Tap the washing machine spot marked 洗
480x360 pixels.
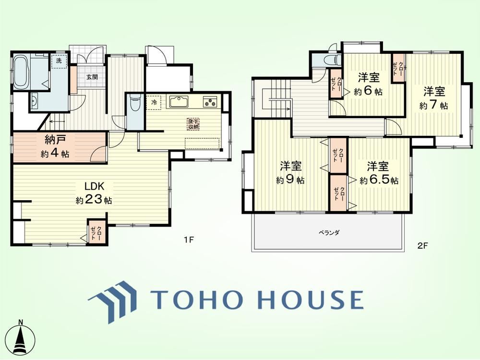(x=59, y=60)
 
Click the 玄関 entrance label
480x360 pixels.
(x=92, y=77)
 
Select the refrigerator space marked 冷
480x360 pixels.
(x=154, y=102)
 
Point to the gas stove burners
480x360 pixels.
(x=211, y=102)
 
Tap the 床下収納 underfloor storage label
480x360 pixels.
(x=193, y=124)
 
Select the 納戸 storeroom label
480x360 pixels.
(x=55, y=141)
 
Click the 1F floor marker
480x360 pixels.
(x=189, y=240)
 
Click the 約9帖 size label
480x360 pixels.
(x=290, y=180)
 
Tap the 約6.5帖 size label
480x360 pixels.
(x=379, y=180)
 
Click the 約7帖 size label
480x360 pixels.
(x=434, y=105)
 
